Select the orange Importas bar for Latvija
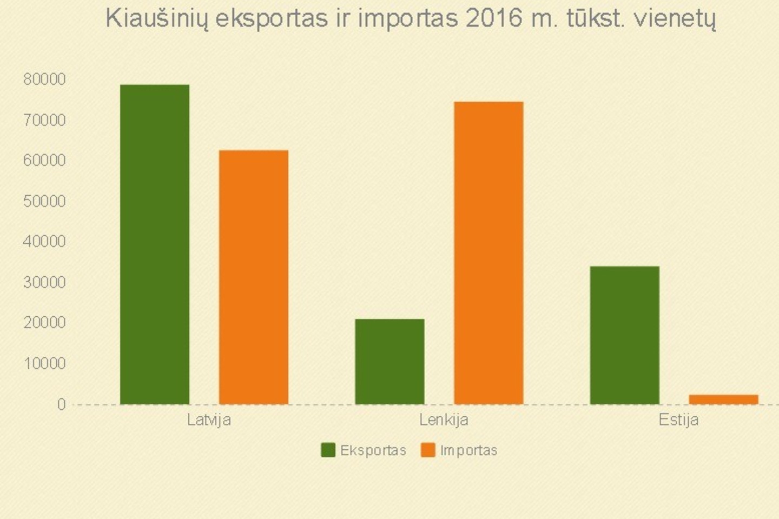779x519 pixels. coord(254,277)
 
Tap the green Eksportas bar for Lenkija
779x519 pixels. coord(389,361)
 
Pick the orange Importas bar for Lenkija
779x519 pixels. coord(488,252)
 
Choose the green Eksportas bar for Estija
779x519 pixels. coord(624,335)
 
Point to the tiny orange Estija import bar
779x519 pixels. coord(723,399)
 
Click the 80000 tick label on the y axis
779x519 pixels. coord(44,79)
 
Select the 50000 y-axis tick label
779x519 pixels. coord(44,201)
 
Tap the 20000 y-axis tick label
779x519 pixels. coord(44,323)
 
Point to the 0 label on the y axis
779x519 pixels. coord(61,404)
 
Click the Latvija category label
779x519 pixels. coord(209,420)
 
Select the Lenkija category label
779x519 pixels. coord(444,420)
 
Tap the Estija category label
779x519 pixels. coord(678,420)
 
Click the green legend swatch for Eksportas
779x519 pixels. coord(328,450)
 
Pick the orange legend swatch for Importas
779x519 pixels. coord(428,450)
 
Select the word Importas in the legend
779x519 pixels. coord(468,450)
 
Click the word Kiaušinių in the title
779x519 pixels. coord(156,19)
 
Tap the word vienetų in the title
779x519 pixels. coord(675,19)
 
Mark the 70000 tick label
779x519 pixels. coord(44,120)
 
